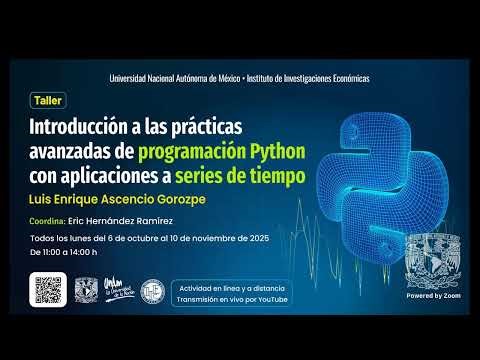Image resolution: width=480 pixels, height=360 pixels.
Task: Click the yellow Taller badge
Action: pos(46,101)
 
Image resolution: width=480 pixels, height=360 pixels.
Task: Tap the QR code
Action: pos(50,289)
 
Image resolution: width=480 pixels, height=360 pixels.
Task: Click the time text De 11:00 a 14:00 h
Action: pos(64,254)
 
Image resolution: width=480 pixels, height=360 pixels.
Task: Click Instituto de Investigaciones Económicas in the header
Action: pos(304,79)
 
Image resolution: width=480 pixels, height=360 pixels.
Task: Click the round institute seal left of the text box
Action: pos(152,290)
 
